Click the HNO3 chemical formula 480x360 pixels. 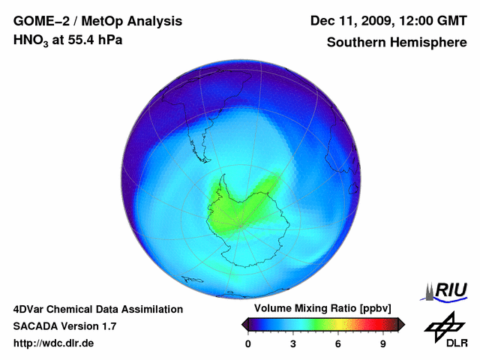click(31, 40)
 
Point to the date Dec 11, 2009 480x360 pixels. click(352, 21)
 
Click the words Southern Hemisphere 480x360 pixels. click(396, 43)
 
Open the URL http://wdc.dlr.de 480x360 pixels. click(54, 343)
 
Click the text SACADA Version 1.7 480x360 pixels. click(64, 326)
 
